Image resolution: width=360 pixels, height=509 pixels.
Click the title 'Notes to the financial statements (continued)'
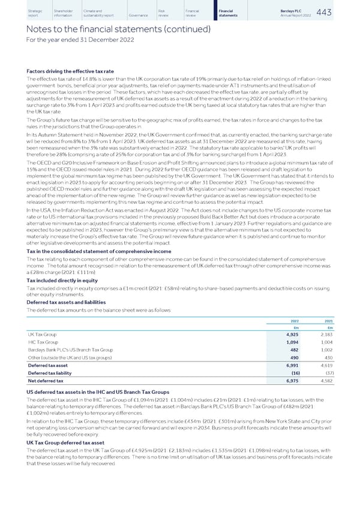[109, 29]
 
